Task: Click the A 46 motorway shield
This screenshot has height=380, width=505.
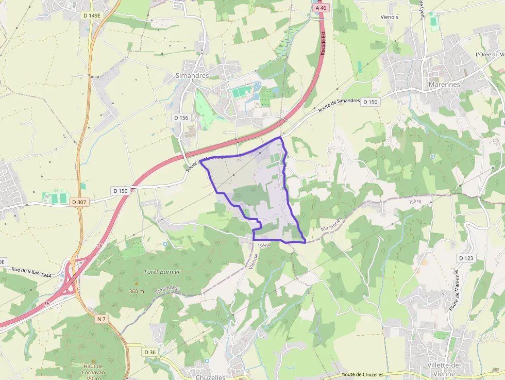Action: [320, 8]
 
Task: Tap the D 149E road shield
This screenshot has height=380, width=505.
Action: [92, 15]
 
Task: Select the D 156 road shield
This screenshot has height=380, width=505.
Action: [181, 118]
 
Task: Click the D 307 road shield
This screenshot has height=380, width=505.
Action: [79, 202]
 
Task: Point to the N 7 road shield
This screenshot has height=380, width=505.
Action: [102, 319]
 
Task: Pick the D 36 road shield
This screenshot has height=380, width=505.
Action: [149, 352]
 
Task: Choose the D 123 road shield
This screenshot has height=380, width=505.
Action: [465, 258]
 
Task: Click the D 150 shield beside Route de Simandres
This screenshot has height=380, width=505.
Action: [370, 102]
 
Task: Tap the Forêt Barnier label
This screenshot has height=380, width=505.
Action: [162, 272]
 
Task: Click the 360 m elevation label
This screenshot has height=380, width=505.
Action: [137, 291]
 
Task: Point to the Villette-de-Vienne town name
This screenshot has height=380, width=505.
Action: [445, 369]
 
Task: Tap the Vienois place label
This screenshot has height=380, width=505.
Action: [389, 17]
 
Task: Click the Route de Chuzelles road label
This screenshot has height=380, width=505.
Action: [363, 374]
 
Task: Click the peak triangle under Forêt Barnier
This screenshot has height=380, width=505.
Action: [137, 283]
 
